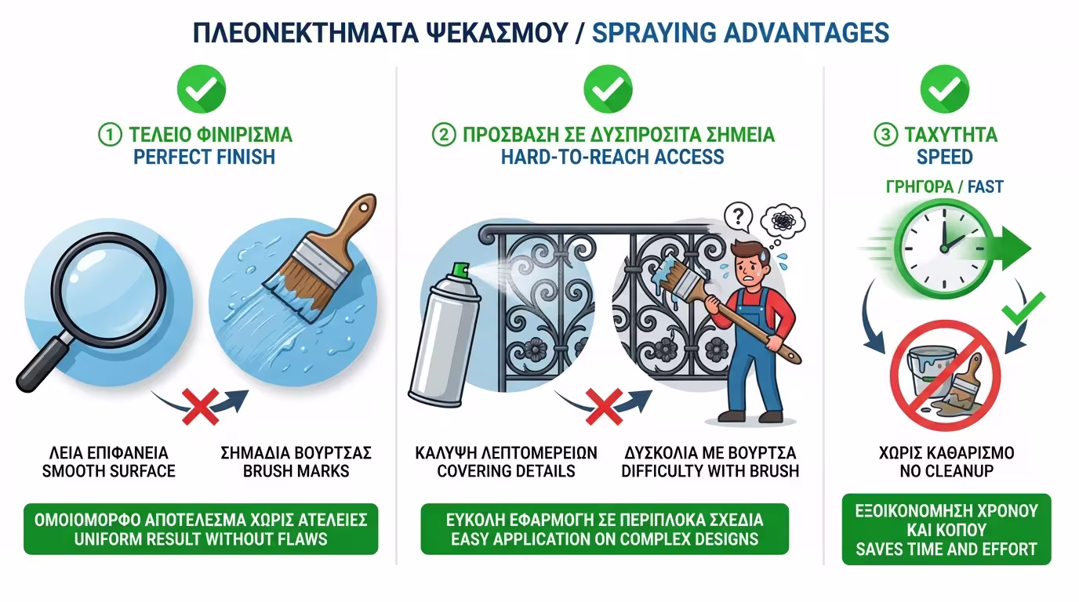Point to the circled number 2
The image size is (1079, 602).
(444, 135)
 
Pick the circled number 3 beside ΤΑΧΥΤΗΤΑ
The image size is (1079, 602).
(885, 135)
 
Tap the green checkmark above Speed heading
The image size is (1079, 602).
(944, 89)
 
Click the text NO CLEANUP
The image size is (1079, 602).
(945, 471)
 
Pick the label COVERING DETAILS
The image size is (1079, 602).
(506, 471)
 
